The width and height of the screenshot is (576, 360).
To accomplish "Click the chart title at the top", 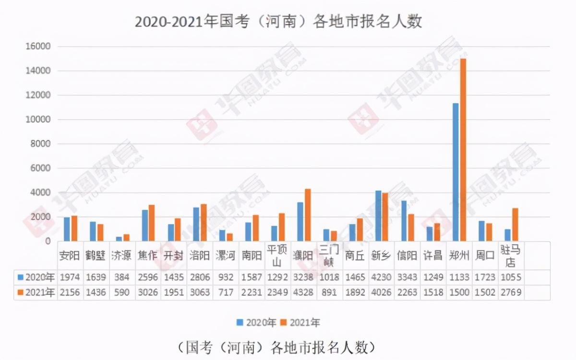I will [x=278, y=22].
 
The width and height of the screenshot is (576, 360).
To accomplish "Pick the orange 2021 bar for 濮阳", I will [x=308, y=215].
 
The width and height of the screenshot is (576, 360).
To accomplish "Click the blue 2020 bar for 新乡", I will [x=378, y=216].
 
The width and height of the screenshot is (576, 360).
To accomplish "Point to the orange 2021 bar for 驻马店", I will [x=515, y=224].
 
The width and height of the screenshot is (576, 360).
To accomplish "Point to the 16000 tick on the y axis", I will [x=40, y=47].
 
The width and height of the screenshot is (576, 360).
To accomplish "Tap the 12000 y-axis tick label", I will [x=40, y=95].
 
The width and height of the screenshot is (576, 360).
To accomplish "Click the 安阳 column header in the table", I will [x=70, y=255].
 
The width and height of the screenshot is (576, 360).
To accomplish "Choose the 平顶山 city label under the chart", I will [x=277, y=255].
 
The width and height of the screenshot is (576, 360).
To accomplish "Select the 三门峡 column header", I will [x=329, y=255].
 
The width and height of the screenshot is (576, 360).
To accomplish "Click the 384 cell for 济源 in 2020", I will [x=121, y=277].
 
